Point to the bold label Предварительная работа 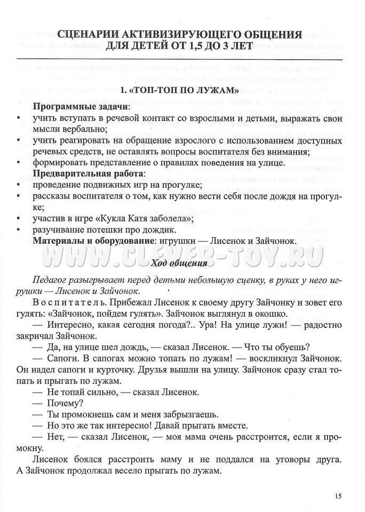click(89, 174)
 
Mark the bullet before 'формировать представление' click(19, 163)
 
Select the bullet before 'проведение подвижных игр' click(19, 186)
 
